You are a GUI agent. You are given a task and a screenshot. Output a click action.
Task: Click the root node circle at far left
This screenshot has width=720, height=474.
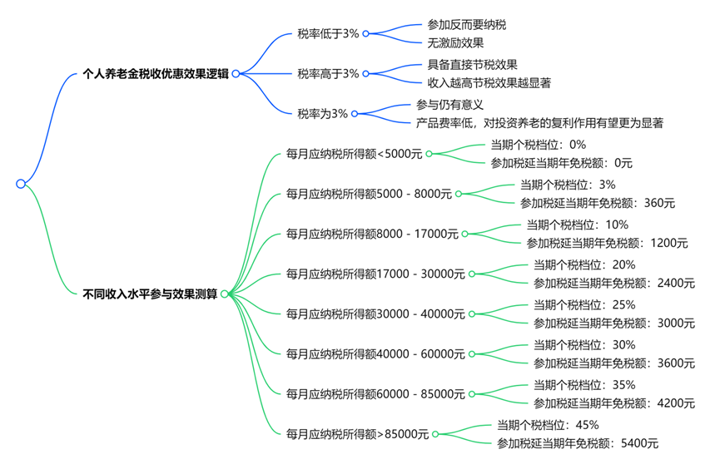[21, 184]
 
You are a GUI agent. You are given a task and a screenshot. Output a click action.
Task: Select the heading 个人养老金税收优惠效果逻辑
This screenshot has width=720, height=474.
[156, 73]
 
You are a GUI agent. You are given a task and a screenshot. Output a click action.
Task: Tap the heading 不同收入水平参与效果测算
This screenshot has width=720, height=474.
[150, 294]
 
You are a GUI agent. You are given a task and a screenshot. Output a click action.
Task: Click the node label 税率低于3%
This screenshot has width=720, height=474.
[328, 33]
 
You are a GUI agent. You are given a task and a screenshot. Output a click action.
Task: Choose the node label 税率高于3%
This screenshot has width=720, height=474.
[328, 73]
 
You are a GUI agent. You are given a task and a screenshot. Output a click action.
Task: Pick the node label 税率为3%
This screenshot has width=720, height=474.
[322, 113]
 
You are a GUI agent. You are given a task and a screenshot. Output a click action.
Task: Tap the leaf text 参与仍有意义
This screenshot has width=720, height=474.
[449, 105]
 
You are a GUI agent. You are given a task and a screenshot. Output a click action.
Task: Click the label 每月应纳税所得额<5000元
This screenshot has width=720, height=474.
[354, 153]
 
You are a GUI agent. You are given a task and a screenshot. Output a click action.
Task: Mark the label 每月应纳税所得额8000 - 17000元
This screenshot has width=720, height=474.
[372, 234]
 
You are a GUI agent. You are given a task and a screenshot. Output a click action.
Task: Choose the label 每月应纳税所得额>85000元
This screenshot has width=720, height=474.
[357, 433]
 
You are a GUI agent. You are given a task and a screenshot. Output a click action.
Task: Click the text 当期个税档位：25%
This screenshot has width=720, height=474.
[584, 304]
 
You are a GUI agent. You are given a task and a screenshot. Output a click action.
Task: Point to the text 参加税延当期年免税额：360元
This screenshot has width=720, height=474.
[598, 202]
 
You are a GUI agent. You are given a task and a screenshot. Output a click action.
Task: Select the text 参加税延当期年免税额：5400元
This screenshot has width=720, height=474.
[578, 443]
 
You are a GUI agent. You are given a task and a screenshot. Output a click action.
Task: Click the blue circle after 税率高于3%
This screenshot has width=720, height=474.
[366, 73]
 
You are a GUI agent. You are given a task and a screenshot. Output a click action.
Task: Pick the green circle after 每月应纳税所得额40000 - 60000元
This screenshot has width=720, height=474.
[472, 353]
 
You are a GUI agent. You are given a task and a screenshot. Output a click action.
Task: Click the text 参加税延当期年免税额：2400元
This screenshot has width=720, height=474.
[614, 283]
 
